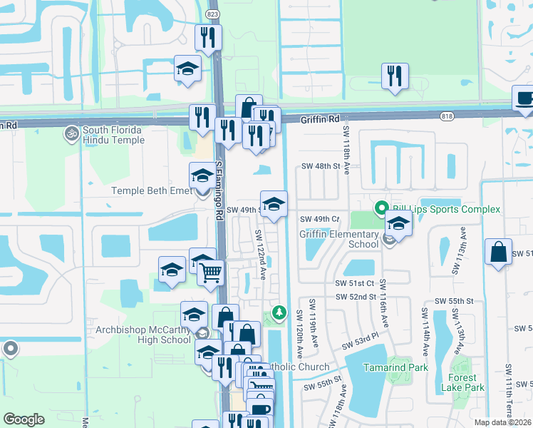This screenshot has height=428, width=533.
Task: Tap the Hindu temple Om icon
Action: (71, 133)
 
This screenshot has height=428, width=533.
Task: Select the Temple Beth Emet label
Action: (151, 190)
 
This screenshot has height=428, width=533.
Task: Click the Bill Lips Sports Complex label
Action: (444, 209)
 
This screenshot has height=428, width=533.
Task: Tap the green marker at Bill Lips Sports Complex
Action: (381, 208)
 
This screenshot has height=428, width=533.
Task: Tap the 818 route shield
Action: (447, 116)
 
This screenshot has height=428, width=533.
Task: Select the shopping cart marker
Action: (210, 271)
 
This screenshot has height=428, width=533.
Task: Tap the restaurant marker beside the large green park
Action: (395, 76)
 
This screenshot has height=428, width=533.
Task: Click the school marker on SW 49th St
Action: (274, 204)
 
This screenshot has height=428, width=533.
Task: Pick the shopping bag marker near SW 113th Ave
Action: (498, 252)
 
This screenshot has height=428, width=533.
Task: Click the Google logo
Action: (24, 419)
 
